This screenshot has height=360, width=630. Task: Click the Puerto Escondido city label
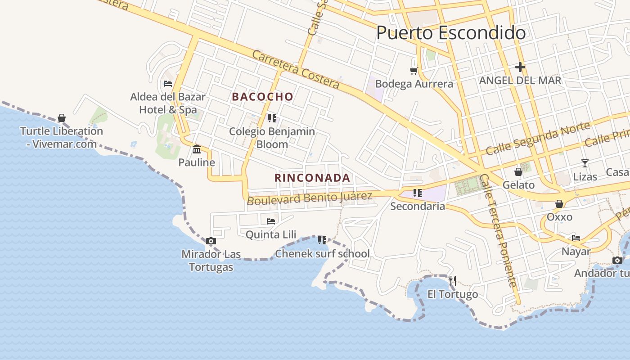[x=450, y=33]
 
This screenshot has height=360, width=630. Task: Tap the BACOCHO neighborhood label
[x=262, y=97]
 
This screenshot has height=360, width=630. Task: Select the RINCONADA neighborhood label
[x=312, y=178]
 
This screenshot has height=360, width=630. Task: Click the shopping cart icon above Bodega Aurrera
[x=414, y=71]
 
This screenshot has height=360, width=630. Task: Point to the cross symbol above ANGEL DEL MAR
[x=520, y=67]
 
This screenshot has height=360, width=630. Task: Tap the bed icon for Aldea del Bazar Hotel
[x=168, y=84]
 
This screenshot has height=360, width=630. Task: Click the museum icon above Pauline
[x=197, y=149]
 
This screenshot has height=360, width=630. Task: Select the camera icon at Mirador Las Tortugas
[x=211, y=241]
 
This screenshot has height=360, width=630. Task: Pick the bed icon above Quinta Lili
[x=271, y=221]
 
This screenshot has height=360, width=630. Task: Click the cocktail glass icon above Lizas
[x=585, y=163]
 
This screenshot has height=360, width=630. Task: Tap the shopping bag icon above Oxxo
[x=559, y=204]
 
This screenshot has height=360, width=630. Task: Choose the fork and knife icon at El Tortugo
[x=453, y=281]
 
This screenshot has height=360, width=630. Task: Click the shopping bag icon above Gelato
[x=518, y=171]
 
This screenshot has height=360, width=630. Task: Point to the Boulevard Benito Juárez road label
[x=310, y=198]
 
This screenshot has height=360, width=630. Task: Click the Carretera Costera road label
[x=295, y=69]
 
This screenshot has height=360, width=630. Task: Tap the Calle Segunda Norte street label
[x=537, y=139]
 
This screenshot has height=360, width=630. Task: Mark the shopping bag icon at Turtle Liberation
[x=62, y=118]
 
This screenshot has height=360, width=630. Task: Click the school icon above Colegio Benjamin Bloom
[x=272, y=118]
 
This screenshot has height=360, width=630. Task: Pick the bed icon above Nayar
[x=576, y=238]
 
